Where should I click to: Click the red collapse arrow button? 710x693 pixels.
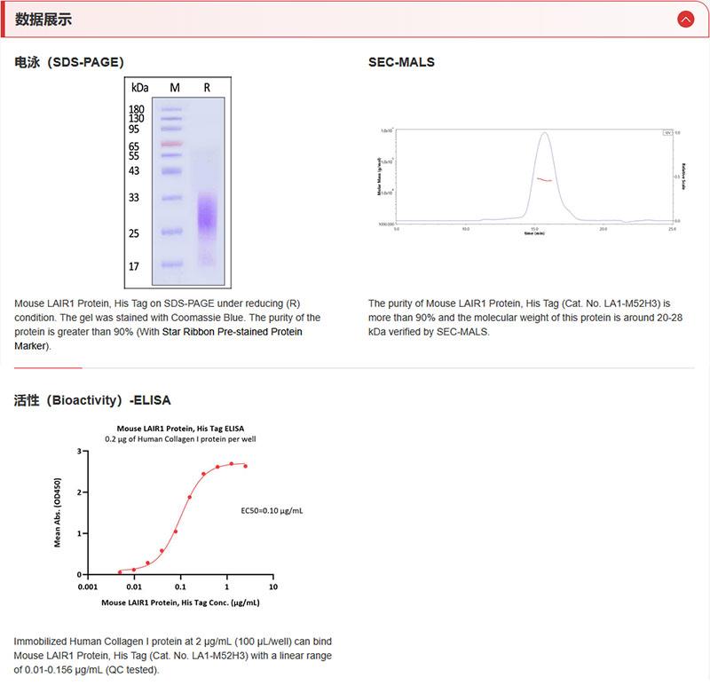[685, 19]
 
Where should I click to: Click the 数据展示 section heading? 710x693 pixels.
[43, 20]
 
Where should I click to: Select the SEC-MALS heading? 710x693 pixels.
[401, 62]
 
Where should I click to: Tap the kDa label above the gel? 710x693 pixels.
[140, 87]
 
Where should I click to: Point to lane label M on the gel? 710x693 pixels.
[175, 87]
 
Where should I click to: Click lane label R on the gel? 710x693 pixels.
[207, 87]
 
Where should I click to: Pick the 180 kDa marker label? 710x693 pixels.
[137, 109]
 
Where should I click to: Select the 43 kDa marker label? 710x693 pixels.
[134, 170]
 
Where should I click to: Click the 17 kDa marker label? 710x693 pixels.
[134, 266]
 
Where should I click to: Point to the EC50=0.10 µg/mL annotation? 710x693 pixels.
[272, 511]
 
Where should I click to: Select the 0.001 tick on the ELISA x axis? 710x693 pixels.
[87, 587]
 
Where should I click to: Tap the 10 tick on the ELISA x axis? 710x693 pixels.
[272, 587]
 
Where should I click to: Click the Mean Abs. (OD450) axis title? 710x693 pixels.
[59, 513]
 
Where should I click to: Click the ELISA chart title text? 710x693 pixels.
[180, 428]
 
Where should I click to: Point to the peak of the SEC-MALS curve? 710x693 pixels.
[544, 134]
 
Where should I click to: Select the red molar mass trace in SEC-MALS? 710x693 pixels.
[543, 179]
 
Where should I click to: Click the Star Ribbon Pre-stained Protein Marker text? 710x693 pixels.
[232, 332]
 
